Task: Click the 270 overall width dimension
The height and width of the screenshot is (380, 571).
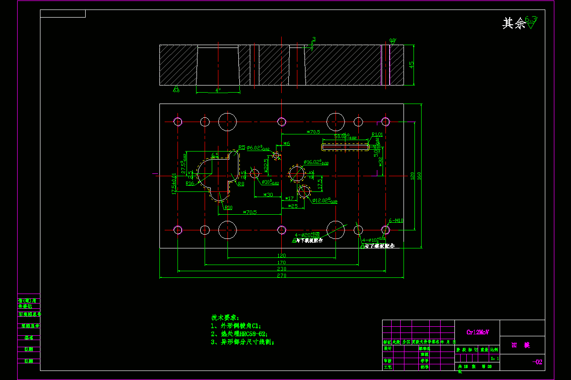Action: point(281,275)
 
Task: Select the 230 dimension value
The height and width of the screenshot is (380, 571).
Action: point(281,269)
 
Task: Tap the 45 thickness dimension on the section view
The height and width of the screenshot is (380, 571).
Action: point(412,65)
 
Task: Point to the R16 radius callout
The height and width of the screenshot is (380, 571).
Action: point(190,183)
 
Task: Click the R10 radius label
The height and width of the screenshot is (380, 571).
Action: point(228,208)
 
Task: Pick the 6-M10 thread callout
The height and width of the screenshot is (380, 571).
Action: point(396,220)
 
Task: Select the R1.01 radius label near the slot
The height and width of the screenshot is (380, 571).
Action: point(377,134)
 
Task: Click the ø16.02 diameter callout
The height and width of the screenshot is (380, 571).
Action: point(315,162)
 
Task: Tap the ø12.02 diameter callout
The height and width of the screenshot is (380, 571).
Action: point(325,200)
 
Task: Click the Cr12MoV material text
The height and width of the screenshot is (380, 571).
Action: point(477,332)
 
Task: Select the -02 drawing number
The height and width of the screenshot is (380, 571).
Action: point(537,362)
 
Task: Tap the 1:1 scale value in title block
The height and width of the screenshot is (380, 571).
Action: point(495,359)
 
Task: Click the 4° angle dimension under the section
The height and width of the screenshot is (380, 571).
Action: point(218,90)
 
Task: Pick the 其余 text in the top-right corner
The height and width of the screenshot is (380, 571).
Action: point(513,23)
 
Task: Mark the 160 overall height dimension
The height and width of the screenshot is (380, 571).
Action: point(419,176)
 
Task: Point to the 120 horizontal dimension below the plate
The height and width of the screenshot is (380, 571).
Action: point(281,256)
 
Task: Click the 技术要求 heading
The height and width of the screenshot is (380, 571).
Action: point(226,317)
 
